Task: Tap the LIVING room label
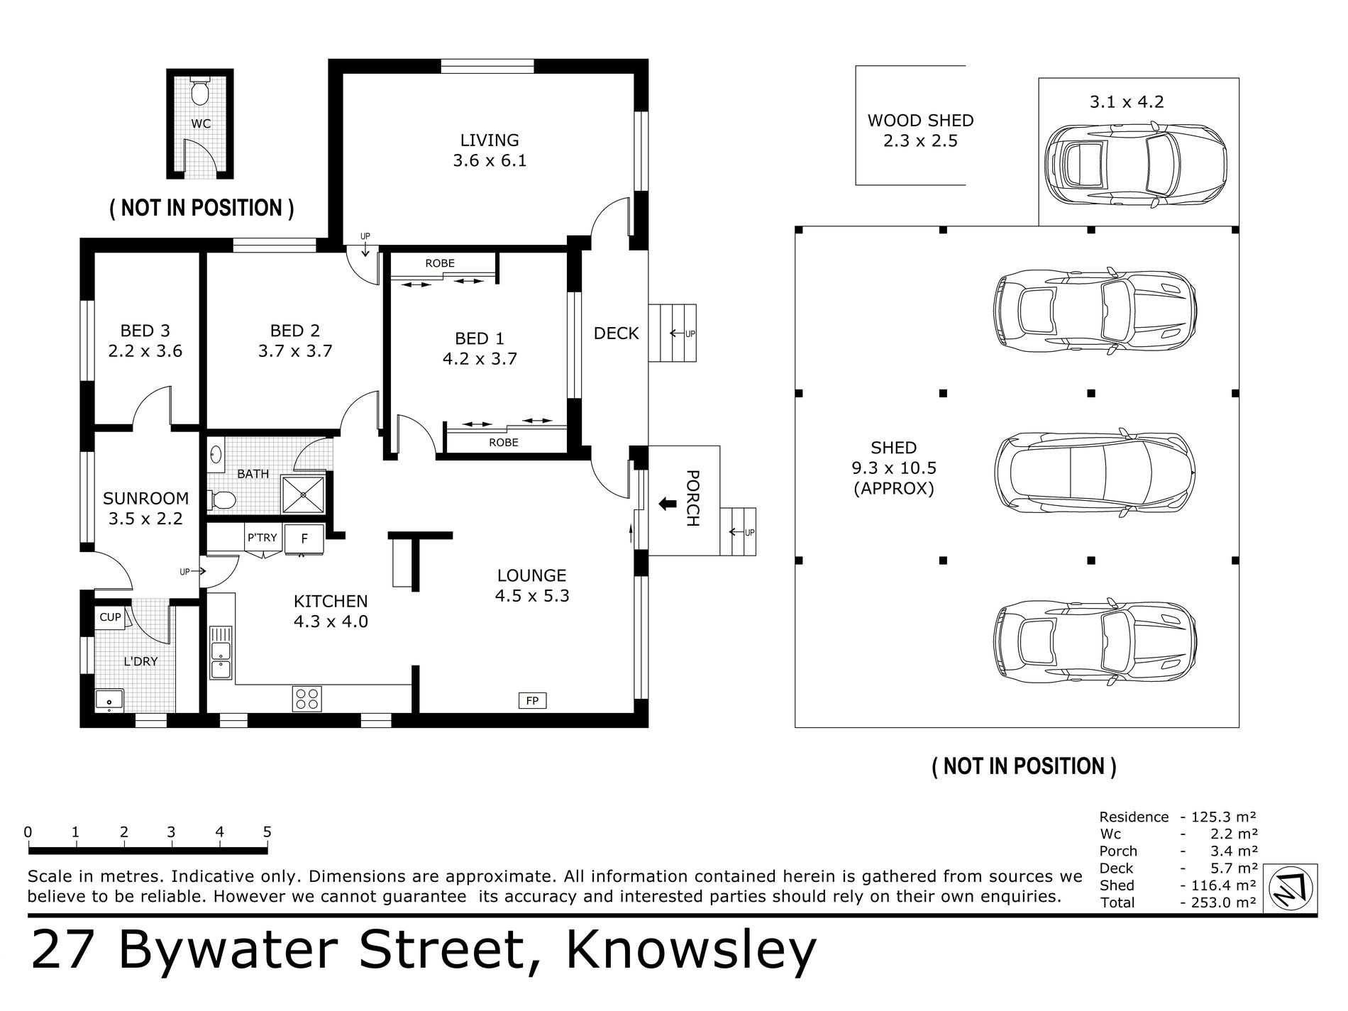pos(490,140)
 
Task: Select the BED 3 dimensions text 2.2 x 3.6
pos(145,351)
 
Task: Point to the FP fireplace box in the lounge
pos(532,701)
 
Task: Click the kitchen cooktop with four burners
pos(307,699)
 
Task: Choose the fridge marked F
pos(305,538)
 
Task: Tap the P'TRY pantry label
pos(263,538)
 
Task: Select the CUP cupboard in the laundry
pos(110,617)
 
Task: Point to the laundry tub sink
pos(109,700)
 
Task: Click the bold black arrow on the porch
pos(667,504)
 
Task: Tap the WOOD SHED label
pos(921,121)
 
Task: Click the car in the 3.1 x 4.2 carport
pos(1137,166)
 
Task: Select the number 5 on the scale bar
pos(267,832)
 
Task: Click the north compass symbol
pos(1291,889)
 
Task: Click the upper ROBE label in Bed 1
pos(440,263)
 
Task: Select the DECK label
pos(617,333)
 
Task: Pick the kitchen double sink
pos(221,652)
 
